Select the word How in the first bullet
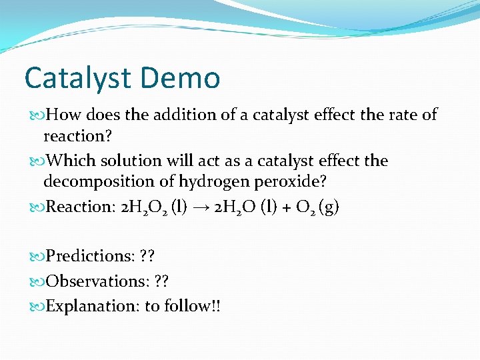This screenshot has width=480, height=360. coord(64,115)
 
